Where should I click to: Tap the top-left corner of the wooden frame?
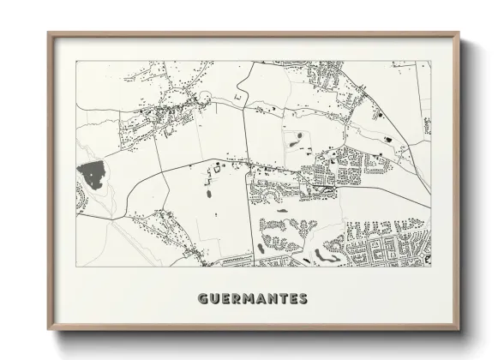[x=48, y=33]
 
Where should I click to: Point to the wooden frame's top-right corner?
[x=459, y=33]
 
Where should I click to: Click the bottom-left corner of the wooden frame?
[x=48, y=331]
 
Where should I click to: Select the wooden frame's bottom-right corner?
[x=459, y=331]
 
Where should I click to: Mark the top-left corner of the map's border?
[x=76, y=61]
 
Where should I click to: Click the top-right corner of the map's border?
[x=431, y=61]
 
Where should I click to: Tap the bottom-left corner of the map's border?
[x=76, y=267]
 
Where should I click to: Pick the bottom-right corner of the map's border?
[x=431, y=267]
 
